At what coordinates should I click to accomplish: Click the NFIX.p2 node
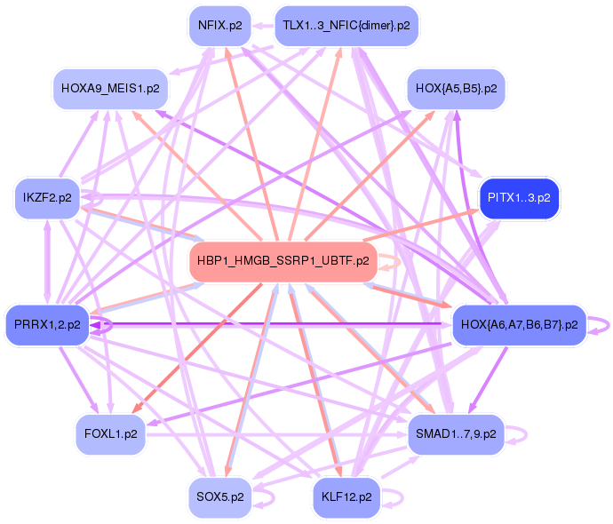coord(218,26)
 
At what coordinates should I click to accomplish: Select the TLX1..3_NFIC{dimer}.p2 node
coord(346,26)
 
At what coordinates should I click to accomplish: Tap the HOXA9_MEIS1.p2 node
coord(111,89)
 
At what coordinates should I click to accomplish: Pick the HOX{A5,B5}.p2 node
coord(457,89)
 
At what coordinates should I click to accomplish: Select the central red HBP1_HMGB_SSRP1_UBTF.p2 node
coord(283,262)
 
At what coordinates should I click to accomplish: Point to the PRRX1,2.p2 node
coord(48,325)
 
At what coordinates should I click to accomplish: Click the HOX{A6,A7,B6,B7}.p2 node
coord(519,325)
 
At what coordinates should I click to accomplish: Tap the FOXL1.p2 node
coord(110,434)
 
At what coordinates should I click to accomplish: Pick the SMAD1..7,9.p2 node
coord(457,434)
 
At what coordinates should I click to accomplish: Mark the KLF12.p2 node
coord(346,497)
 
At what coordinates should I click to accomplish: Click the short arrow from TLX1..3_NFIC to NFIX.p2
coord(263,26)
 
